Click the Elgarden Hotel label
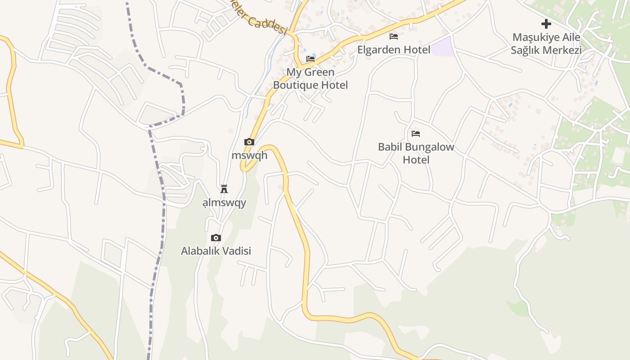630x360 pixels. (x=394, y=49)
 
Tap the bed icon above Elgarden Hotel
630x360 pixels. (x=394, y=36)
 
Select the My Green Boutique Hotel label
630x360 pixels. (x=310, y=78)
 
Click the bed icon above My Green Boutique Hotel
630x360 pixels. (x=310, y=59)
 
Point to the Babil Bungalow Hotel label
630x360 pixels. (x=416, y=153)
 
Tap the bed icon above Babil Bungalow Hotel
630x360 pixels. (x=416, y=134)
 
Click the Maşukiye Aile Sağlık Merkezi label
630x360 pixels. (x=546, y=43)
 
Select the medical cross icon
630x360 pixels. (x=546, y=24)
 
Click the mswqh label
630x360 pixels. (x=249, y=155)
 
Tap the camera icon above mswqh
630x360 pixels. (x=249, y=142)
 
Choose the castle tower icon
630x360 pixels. (x=224, y=189)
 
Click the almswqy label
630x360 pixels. (x=224, y=202)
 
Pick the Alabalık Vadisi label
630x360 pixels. (x=216, y=251)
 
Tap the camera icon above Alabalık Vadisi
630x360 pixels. (x=216, y=238)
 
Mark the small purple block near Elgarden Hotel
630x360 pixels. (x=443, y=47)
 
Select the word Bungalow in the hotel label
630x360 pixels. (x=429, y=147)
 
